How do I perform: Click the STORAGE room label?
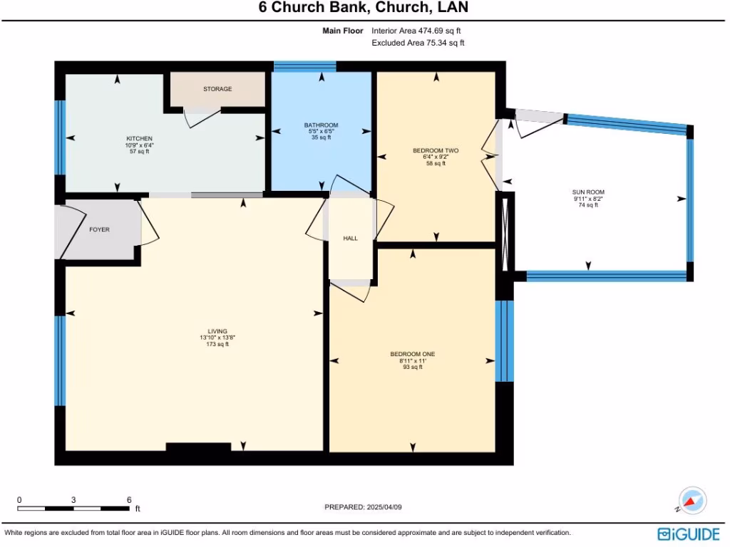(217, 89)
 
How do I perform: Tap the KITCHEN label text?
(139, 139)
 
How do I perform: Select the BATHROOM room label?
(322, 125)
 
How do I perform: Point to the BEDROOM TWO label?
(436, 151)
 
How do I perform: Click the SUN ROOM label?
(588, 192)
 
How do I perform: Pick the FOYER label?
(100, 230)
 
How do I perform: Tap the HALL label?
(351, 239)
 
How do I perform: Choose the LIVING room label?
(217, 332)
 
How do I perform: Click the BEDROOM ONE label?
(413, 355)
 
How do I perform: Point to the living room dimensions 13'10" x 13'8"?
(217, 338)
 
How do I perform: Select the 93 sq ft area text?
(413, 367)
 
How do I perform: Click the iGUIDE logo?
(689, 533)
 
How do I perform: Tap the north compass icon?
(692, 501)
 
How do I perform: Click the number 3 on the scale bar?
(73, 500)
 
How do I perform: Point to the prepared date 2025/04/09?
(384, 507)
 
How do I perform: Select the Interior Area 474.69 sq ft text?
(416, 31)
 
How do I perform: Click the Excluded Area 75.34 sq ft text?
(418, 43)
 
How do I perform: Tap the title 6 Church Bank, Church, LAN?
(364, 7)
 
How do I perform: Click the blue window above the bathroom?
(305, 66)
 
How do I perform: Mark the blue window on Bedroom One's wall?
(504, 341)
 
